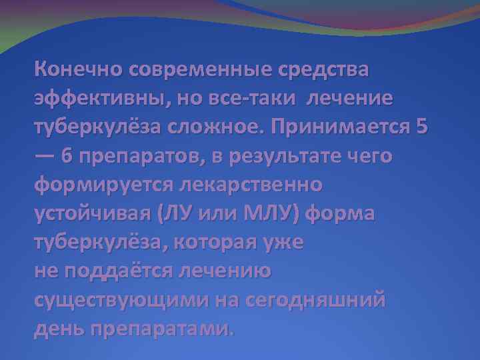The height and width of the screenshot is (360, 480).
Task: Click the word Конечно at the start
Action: [x=81, y=69]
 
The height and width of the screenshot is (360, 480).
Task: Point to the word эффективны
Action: [x=101, y=99]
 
